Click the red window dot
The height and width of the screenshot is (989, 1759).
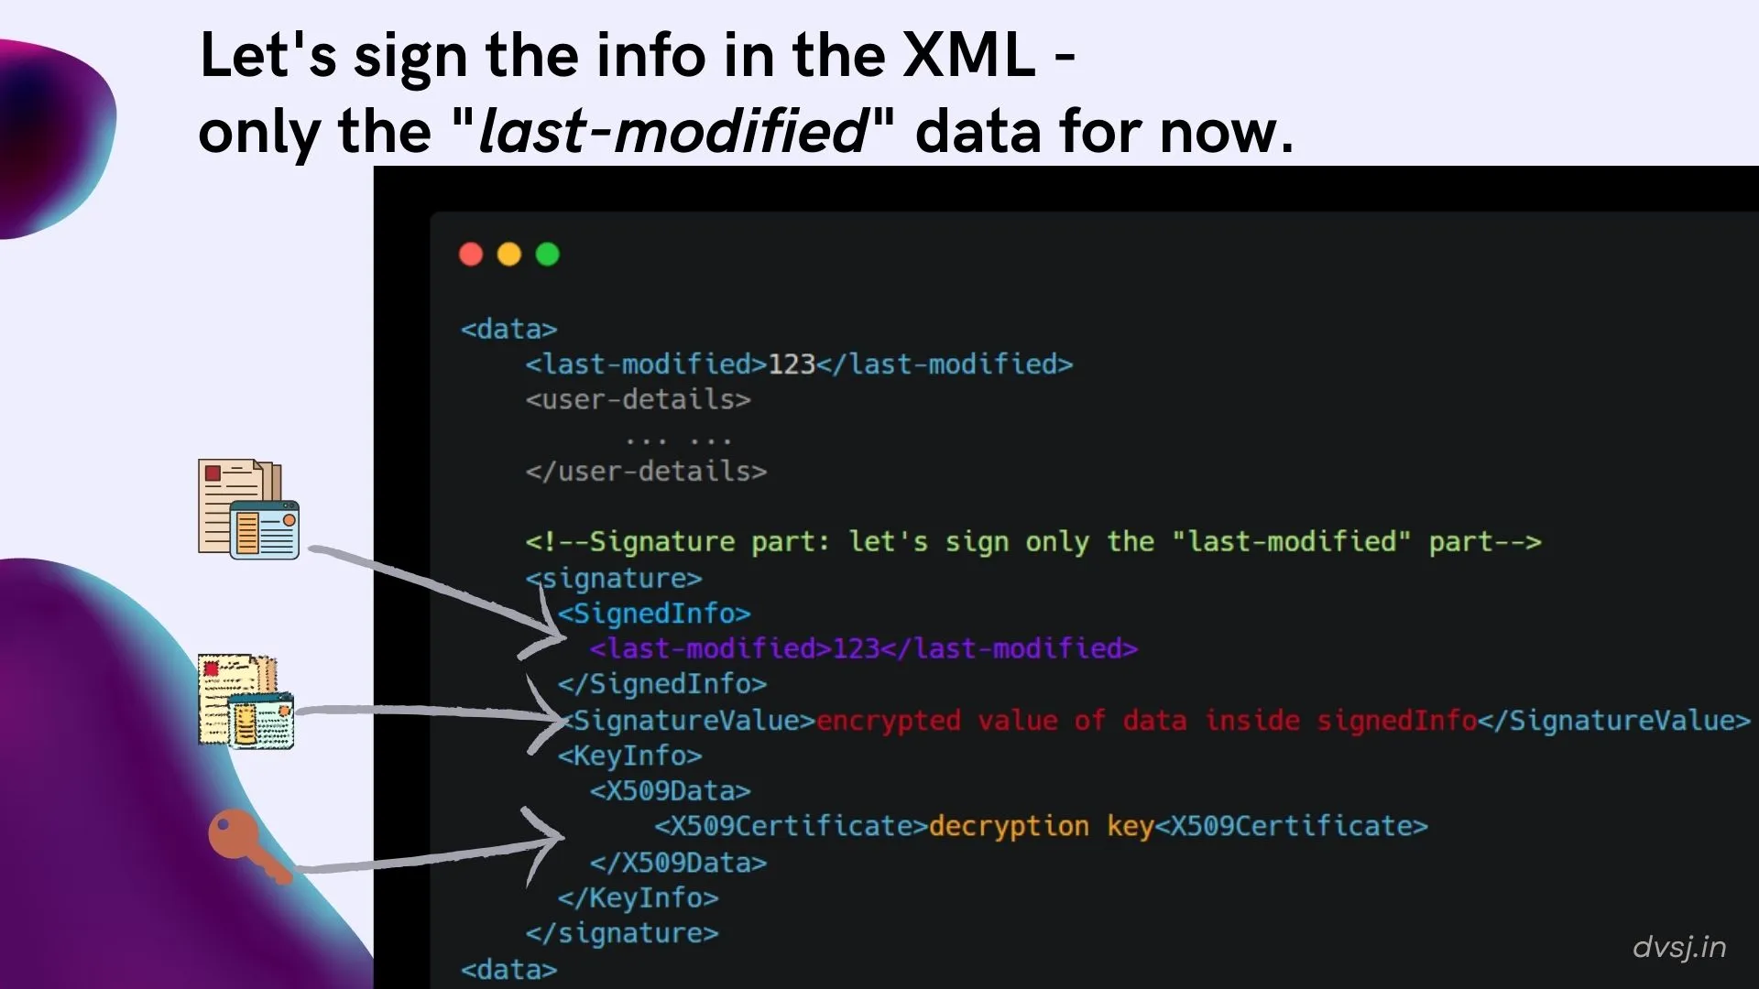click(x=471, y=254)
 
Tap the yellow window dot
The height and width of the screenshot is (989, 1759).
click(x=509, y=254)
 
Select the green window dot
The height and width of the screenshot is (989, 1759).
click(x=548, y=254)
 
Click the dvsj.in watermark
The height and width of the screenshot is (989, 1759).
click(x=1678, y=947)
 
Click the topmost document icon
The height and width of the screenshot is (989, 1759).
click(x=248, y=509)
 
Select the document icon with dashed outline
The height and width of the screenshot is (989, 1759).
click(x=246, y=701)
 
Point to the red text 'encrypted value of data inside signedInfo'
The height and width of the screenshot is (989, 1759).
click(x=1146, y=721)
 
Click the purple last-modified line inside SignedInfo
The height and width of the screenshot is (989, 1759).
click(x=863, y=649)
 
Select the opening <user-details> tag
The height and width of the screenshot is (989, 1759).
click(x=638, y=400)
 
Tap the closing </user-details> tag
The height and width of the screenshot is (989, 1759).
click(x=646, y=472)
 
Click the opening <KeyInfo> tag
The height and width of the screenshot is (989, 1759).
click(x=630, y=756)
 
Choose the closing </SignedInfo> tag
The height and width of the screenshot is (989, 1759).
click(x=662, y=685)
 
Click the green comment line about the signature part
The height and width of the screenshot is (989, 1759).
click(x=1032, y=542)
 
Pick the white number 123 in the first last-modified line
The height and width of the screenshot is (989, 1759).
click(x=792, y=364)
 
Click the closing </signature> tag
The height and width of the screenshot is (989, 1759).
click(x=622, y=933)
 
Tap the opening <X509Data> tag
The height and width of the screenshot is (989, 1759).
click(x=670, y=791)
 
